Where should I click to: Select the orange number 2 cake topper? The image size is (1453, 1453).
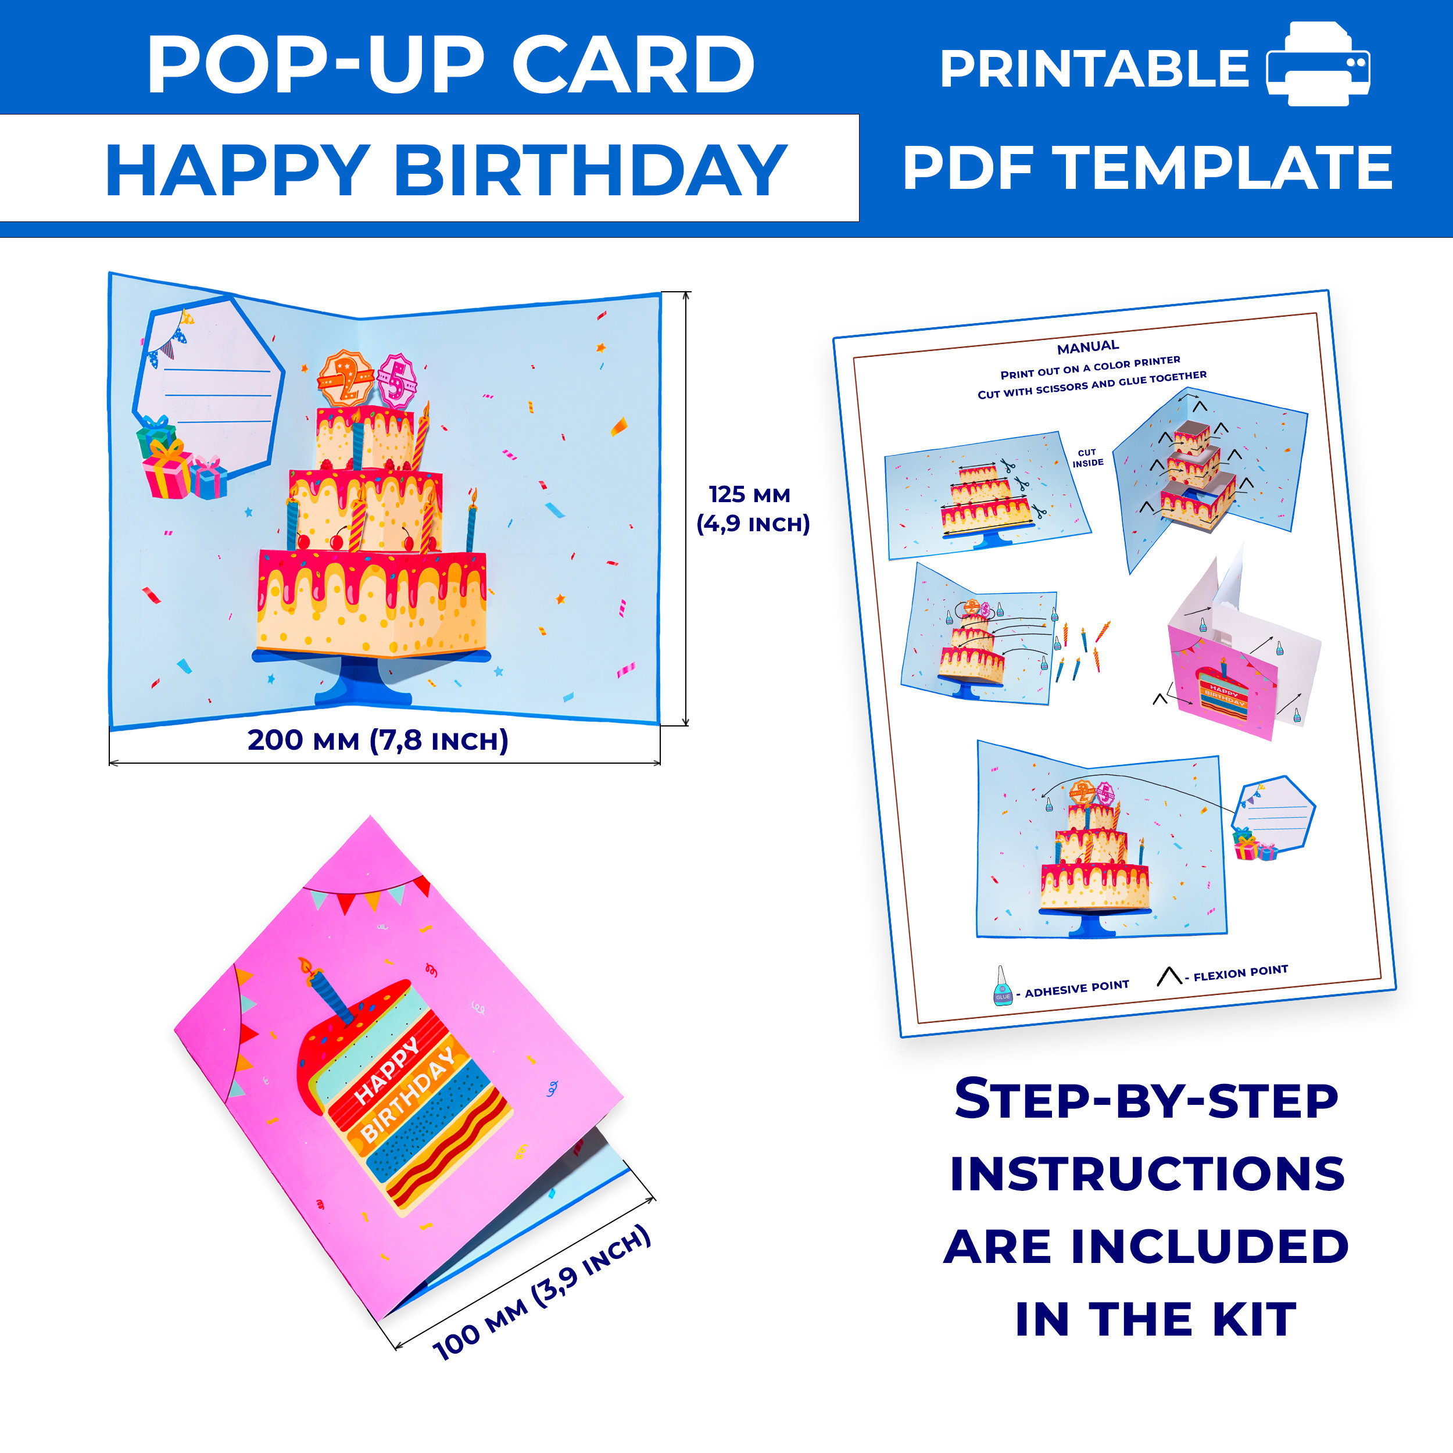coord(346,378)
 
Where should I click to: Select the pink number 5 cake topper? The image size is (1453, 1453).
coord(396,381)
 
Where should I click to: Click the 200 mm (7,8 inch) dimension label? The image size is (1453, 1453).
coord(378,740)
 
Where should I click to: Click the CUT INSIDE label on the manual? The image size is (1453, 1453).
coord(1087,458)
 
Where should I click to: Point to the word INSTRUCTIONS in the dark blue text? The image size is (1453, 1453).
coord(1147,1174)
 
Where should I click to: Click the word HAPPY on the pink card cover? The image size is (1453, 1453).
coord(386,1071)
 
